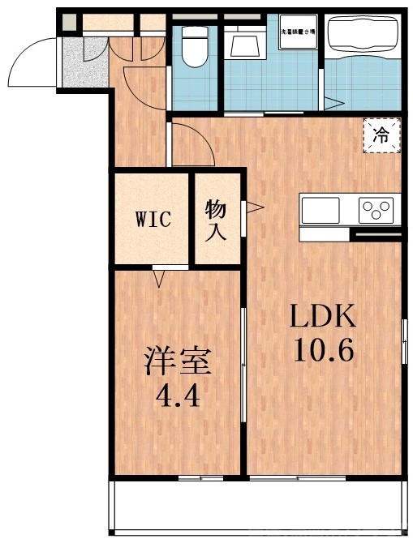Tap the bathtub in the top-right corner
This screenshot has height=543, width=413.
(x=361, y=36)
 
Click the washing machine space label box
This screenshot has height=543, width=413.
(x=299, y=32)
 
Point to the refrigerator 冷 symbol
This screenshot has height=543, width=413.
(x=380, y=135)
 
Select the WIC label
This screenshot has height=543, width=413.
(x=153, y=220)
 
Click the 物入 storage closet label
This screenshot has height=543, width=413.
(x=215, y=220)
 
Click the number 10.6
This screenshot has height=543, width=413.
(x=322, y=351)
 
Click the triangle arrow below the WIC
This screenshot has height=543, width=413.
(x=159, y=278)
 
